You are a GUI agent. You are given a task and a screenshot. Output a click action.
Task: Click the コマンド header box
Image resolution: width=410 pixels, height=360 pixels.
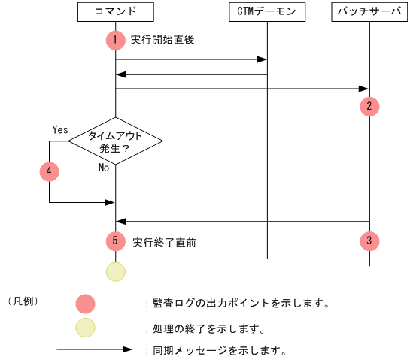[x=115, y=11]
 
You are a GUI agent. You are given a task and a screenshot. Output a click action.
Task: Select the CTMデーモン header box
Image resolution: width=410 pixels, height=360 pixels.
[x=267, y=11]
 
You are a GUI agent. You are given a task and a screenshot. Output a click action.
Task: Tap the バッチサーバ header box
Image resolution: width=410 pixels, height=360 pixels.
[x=369, y=11]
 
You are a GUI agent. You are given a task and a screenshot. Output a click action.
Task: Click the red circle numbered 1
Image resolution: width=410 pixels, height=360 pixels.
[x=115, y=40]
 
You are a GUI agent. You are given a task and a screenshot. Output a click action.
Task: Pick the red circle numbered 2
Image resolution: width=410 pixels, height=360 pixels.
[x=369, y=106]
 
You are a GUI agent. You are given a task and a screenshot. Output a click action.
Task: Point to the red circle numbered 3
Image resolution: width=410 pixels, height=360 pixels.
[x=369, y=241]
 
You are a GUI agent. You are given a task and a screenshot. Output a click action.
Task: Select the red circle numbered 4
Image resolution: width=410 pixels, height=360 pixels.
[x=49, y=171]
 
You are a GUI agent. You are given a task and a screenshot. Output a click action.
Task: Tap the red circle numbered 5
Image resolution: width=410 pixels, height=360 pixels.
[x=115, y=241]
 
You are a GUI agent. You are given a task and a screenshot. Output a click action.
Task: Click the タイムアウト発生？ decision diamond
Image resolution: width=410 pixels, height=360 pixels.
[x=115, y=141]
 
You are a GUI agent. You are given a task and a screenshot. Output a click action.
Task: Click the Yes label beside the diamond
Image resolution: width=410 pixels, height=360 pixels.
[x=60, y=129]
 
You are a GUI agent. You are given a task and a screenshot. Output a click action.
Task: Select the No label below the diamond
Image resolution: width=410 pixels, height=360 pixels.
[x=104, y=168]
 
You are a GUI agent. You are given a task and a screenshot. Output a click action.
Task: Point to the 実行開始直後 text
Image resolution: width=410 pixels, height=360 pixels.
[x=162, y=40]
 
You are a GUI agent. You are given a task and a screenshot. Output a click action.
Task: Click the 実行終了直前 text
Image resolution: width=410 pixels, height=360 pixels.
[x=165, y=243]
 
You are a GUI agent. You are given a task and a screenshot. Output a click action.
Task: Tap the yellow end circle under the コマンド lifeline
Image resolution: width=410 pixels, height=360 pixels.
[x=115, y=271]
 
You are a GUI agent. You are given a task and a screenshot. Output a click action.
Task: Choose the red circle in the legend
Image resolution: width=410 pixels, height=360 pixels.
[x=86, y=304]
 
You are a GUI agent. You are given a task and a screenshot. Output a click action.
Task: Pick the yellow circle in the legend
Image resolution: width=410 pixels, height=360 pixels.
[x=86, y=328]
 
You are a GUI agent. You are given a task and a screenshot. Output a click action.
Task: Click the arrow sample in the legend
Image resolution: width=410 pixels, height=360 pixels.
[x=94, y=350]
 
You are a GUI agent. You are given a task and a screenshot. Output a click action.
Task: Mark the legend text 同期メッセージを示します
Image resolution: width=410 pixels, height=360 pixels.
[x=218, y=350]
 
